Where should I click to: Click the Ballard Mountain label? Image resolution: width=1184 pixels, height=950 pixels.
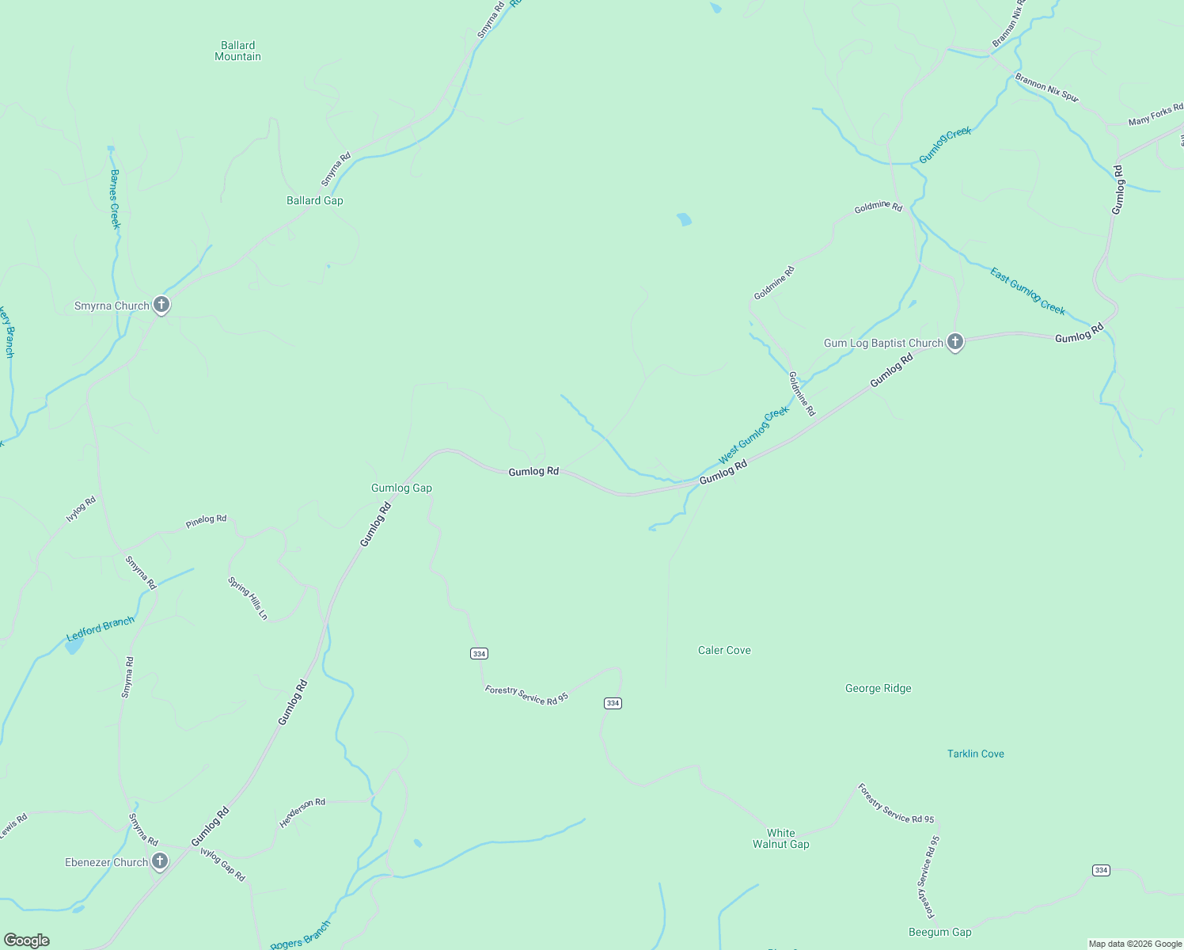point(237,51)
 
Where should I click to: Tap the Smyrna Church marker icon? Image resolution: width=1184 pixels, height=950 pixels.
point(161,305)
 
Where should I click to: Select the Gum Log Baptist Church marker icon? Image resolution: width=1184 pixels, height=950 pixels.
point(955,342)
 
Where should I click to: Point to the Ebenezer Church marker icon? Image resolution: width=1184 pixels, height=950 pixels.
point(160,861)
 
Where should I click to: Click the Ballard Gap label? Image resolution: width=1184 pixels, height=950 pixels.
point(315,200)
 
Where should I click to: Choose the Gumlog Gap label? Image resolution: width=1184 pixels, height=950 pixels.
point(401,488)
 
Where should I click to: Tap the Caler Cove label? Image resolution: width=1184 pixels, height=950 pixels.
point(724,650)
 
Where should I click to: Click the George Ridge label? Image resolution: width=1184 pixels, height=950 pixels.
point(878,688)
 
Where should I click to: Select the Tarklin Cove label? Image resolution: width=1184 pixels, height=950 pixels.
point(975,754)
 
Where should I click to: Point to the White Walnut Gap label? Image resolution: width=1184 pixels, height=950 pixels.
point(780,838)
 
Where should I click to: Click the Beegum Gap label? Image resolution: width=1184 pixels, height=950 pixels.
point(939,932)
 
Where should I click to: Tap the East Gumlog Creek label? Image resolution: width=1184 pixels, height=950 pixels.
point(1027,291)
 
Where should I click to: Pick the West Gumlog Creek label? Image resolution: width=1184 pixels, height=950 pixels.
point(753,435)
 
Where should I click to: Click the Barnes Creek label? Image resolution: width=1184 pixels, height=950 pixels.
point(116,199)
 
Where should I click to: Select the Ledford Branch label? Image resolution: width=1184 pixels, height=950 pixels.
point(101,629)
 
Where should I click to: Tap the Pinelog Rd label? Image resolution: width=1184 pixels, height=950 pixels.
point(206,520)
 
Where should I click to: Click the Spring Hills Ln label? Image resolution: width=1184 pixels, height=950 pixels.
point(248,598)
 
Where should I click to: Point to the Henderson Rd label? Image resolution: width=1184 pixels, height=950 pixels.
point(302,812)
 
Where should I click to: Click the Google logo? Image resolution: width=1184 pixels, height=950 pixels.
point(27,940)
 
